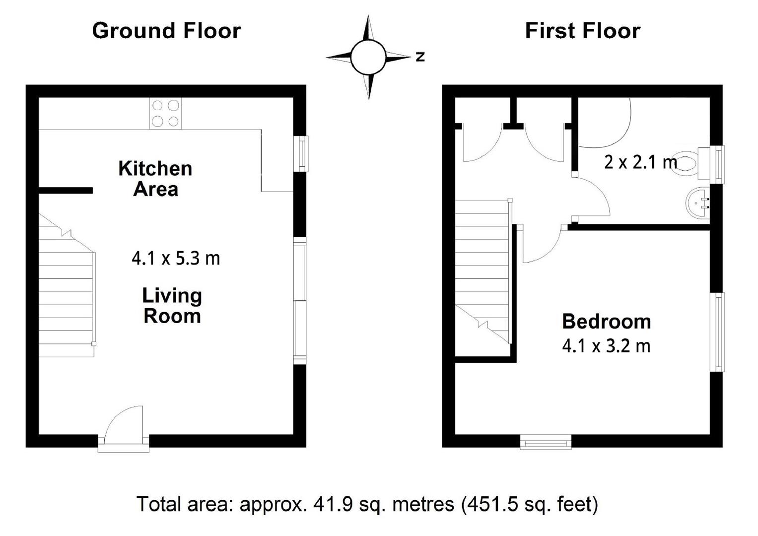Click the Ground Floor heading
[166, 31]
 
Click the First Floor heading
[582, 31]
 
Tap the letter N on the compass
[420, 57]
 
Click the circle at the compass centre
[368, 57]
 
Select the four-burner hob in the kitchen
[166, 113]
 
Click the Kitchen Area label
[155, 179]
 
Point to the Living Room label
[172, 306]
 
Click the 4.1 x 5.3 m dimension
[175, 259]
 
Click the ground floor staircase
[67, 293]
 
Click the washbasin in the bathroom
[697, 202]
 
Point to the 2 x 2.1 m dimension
[640, 162]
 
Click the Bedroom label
[606, 322]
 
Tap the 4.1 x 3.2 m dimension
[606, 346]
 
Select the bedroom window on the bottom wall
[546, 441]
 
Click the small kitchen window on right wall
[301, 154]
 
